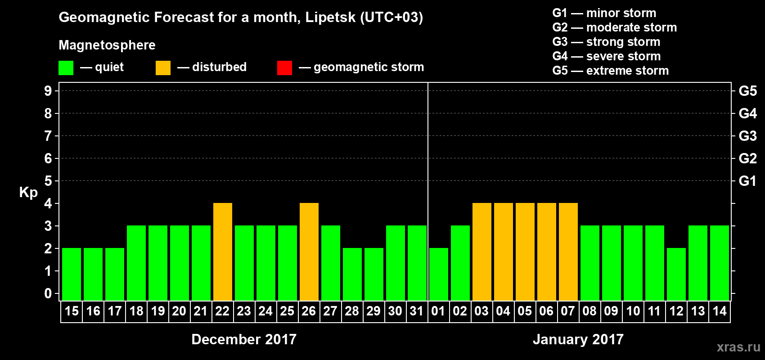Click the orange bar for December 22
pyautogui.click(x=223, y=252)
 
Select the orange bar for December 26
pyautogui.click(x=309, y=252)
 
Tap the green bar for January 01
pyautogui.click(x=439, y=274)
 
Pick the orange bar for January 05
pyautogui.click(x=525, y=252)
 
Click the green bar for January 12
pyautogui.click(x=676, y=274)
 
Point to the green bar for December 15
pyautogui.click(x=72, y=274)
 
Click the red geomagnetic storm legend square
pyautogui.click(x=284, y=68)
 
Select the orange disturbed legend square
pyautogui.click(x=163, y=68)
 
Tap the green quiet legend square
pyautogui.click(x=66, y=68)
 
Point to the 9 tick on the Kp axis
pyautogui.click(x=48, y=91)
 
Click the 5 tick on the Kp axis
pyautogui.click(x=48, y=181)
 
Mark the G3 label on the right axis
pyautogui.click(x=747, y=136)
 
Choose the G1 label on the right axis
pyautogui.click(x=747, y=181)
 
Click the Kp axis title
pyautogui.click(x=28, y=193)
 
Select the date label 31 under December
pyautogui.click(x=417, y=311)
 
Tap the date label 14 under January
pyautogui.click(x=720, y=311)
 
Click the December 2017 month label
pyautogui.click(x=244, y=339)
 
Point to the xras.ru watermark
pyautogui.click(x=738, y=347)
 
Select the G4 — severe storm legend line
pyautogui.click(x=607, y=56)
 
